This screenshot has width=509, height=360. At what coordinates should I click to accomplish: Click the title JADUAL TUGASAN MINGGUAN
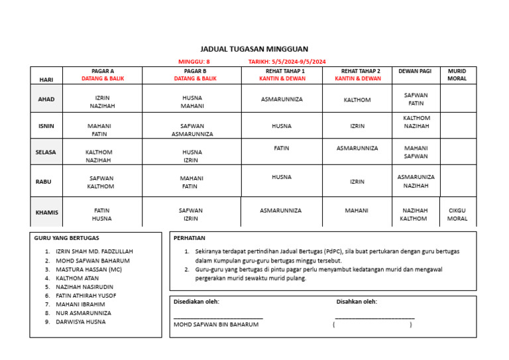tap(254, 49)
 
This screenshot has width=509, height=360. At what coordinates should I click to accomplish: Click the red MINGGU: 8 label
tap(194, 62)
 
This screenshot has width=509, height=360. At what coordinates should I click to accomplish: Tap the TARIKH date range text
tap(287, 62)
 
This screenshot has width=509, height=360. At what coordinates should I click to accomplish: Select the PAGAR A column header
tap(103, 71)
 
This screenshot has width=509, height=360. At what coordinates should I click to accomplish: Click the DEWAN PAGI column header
tap(416, 71)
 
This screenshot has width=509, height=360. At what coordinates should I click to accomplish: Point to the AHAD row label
tap(46, 99)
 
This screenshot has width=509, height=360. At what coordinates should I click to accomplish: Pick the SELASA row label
tap(46, 152)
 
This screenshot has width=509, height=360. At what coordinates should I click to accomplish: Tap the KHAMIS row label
tap(46, 213)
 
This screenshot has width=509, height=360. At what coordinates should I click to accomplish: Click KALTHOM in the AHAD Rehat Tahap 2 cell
tap(357, 100)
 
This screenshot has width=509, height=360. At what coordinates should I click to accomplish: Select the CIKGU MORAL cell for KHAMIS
tap(457, 214)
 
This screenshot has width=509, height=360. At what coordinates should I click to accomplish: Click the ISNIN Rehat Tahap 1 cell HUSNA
tap(281, 126)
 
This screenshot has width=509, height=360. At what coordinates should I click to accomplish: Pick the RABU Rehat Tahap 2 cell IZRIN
tap(357, 182)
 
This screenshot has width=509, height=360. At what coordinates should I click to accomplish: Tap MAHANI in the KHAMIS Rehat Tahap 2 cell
tap(357, 210)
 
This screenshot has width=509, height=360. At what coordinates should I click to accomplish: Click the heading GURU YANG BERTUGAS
tap(67, 237)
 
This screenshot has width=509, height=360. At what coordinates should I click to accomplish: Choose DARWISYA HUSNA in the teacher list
tap(80, 322)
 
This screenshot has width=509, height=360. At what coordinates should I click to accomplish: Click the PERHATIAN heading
tap(190, 237)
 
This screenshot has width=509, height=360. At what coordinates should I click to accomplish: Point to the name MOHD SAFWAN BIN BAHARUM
tap(216, 325)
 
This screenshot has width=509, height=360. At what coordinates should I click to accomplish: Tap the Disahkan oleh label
tap(357, 302)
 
